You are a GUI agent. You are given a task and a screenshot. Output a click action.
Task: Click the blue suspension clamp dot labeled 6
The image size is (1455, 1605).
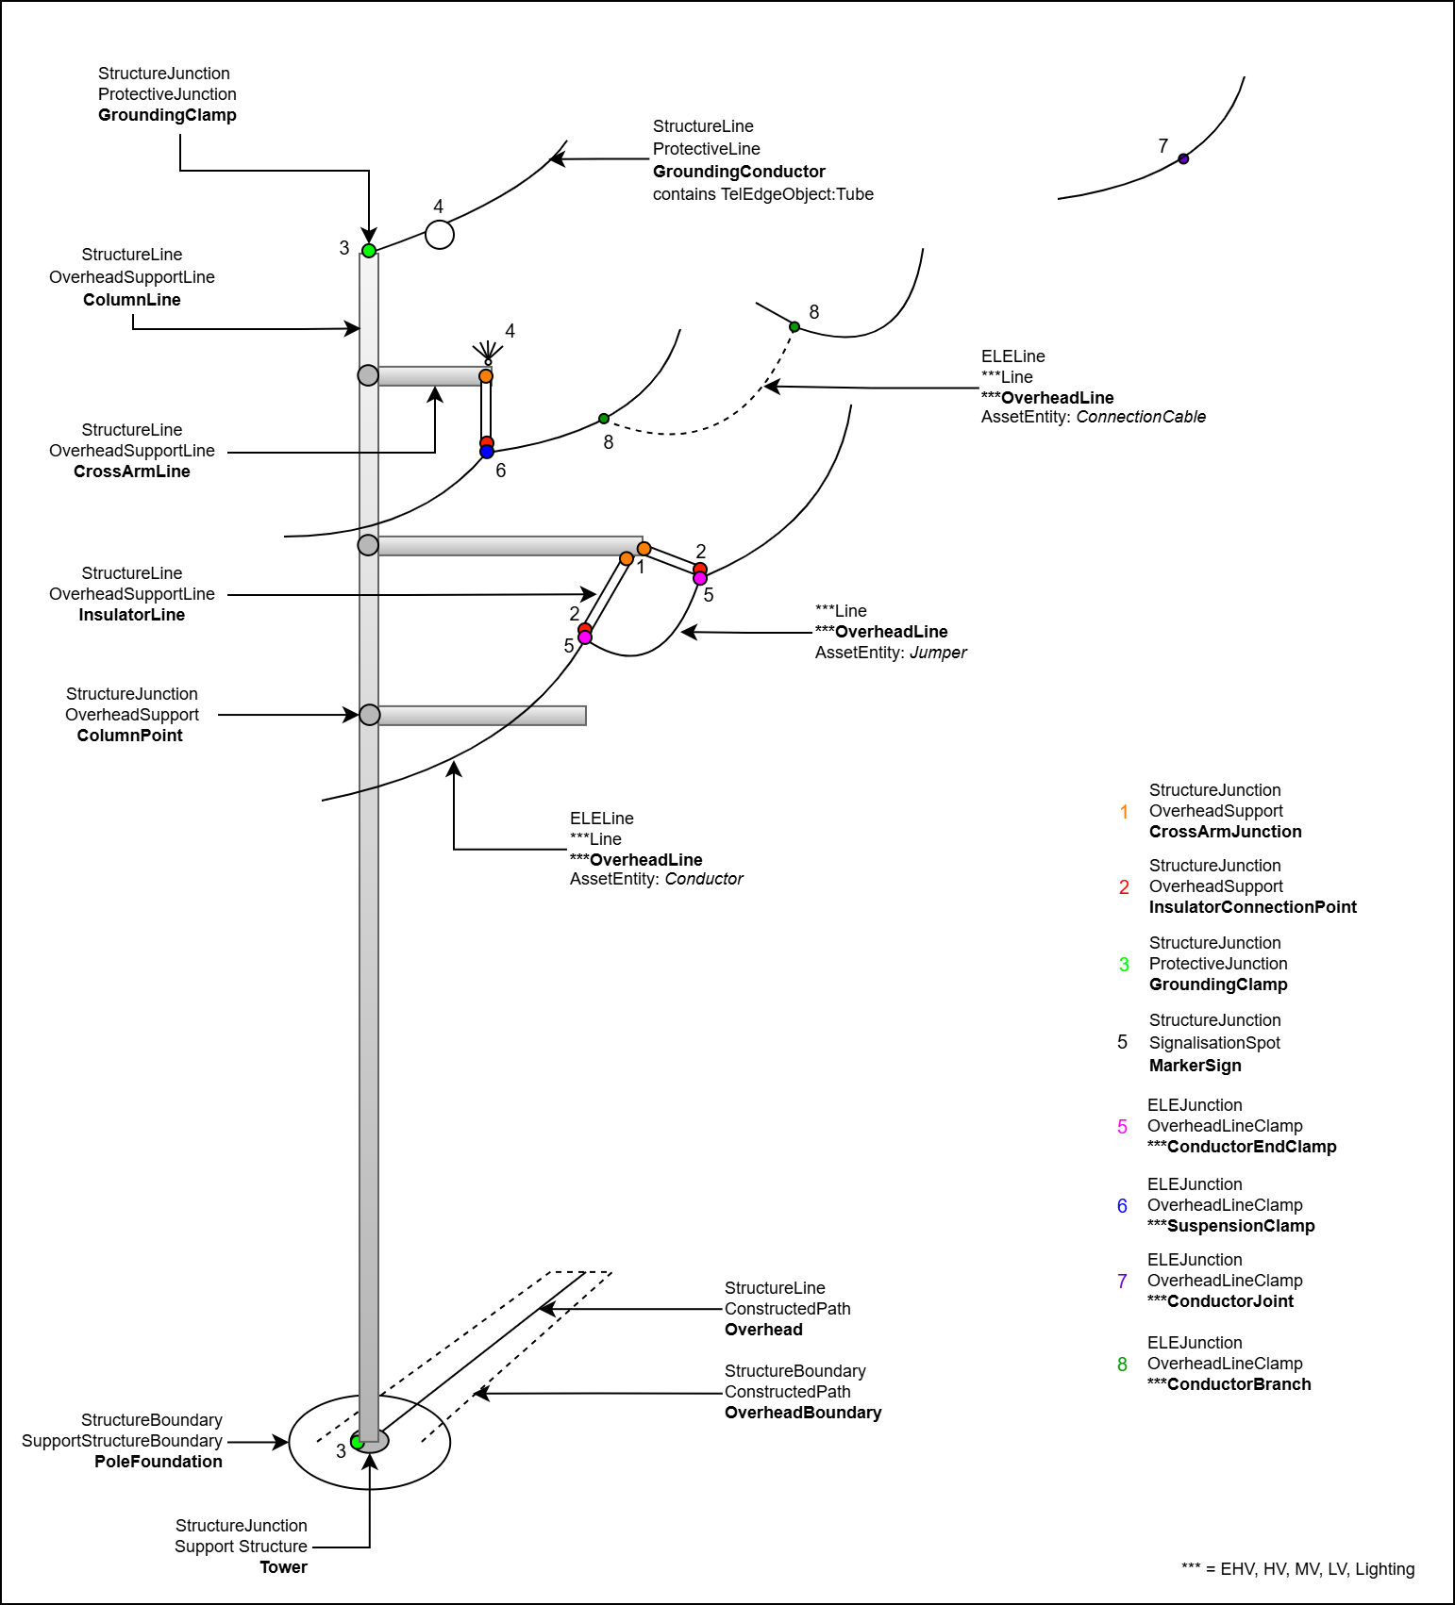[487, 453]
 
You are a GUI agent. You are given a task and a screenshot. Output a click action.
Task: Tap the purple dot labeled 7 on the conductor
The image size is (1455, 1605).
[1183, 159]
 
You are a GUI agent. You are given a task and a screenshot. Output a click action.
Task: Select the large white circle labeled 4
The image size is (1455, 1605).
[440, 235]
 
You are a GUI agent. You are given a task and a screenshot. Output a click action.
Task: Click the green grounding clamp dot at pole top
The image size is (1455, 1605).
[369, 251]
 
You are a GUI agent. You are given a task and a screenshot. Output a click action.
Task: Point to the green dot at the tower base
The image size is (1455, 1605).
[357, 1442]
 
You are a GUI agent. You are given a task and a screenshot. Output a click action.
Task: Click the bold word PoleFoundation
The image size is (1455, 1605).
[159, 1462]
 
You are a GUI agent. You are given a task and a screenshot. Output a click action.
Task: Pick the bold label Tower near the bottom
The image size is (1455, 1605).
[284, 1567]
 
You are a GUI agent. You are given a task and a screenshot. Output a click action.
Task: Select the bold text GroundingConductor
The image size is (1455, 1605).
[739, 172]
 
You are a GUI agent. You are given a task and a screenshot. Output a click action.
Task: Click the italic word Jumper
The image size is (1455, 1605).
[938, 653]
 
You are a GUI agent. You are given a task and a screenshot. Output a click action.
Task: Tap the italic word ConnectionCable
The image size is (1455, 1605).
[1141, 417]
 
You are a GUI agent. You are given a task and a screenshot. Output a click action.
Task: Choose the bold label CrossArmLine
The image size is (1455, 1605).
[132, 472]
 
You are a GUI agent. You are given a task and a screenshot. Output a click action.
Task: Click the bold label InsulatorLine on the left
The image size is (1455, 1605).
[132, 615]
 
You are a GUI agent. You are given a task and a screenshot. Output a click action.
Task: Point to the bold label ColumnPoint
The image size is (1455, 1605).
[130, 736]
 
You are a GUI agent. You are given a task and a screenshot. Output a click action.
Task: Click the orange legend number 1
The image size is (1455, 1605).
[1124, 812]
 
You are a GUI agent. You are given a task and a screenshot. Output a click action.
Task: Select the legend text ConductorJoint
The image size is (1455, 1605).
[1230, 1301]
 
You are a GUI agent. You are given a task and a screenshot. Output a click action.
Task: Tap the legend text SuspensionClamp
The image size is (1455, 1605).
[1241, 1226]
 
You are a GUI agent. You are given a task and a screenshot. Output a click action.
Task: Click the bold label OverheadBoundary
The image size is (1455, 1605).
[803, 1413]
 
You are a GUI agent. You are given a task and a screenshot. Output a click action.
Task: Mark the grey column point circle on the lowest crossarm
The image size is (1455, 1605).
[370, 715]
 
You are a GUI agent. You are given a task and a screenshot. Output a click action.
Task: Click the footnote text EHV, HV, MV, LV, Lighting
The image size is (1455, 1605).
[1317, 1569]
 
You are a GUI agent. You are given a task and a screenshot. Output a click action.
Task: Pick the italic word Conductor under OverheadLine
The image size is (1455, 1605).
[704, 879]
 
